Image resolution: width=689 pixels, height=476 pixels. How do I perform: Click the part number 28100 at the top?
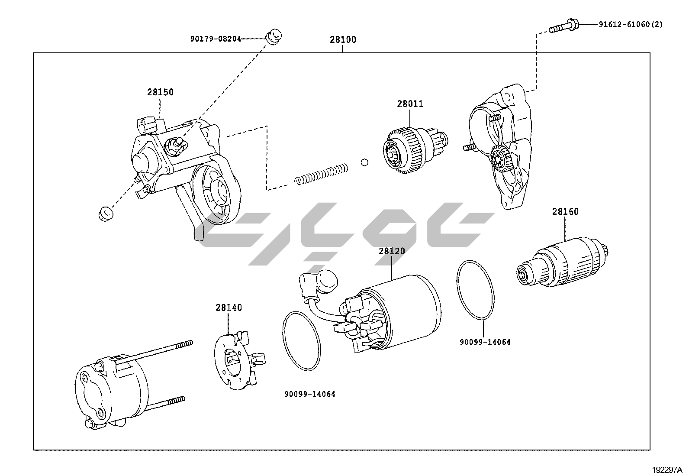(343, 40)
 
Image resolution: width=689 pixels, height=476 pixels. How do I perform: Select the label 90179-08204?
(215, 39)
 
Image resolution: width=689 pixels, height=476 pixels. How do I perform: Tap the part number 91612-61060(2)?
(631, 25)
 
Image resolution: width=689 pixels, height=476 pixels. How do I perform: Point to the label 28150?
(160, 92)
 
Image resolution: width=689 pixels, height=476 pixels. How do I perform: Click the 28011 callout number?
(410, 104)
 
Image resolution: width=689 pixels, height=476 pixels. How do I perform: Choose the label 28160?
(565, 212)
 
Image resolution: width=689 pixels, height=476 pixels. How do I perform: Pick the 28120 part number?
(392, 251)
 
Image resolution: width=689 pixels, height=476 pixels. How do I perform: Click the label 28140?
(229, 308)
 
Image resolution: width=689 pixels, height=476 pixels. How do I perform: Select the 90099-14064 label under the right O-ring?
(485, 342)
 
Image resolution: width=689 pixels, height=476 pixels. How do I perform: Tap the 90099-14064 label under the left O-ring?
(309, 394)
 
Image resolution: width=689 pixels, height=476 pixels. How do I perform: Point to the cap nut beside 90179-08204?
(273, 36)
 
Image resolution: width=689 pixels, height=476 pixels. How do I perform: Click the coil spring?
(321, 173)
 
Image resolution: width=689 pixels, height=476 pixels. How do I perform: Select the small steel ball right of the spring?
(364, 162)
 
